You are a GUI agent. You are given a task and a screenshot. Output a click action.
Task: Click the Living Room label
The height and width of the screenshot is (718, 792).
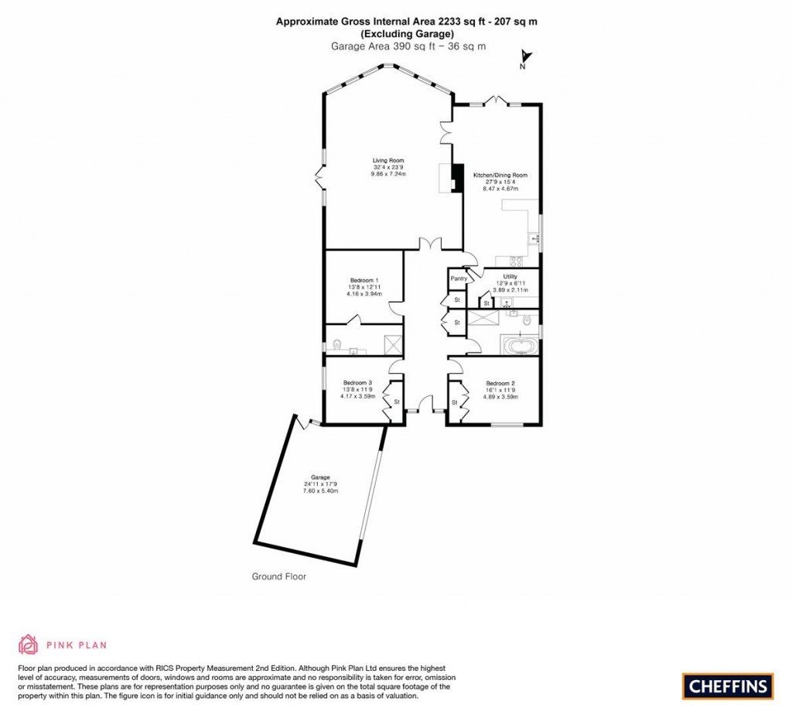(x=387, y=161)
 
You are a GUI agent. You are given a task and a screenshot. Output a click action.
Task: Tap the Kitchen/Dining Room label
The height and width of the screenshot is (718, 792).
(x=500, y=176)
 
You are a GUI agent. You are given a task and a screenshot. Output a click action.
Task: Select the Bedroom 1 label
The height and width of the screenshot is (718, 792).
(x=364, y=280)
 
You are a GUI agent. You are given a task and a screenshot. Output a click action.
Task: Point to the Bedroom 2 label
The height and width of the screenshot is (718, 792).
(x=500, y=383)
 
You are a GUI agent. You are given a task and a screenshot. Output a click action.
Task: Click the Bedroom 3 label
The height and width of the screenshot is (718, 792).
(x=357, y=383)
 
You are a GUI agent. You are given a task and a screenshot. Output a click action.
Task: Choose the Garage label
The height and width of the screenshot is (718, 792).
(x=320, y=477)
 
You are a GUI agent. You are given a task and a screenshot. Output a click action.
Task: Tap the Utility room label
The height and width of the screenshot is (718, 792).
(x=510, y=276)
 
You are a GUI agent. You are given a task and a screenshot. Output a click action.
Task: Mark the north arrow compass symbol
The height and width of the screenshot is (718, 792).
(x=524, y=58)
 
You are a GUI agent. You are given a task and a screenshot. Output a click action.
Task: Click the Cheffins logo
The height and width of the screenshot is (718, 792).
(x=727, y=686)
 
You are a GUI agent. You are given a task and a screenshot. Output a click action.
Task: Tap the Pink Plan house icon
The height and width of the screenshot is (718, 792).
(x=28, y=644)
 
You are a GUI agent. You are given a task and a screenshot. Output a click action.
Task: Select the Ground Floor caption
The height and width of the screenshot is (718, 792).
(x=279, y=576)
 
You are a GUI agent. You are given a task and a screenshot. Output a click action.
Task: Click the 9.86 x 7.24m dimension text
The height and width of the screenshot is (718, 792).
(x=387, y=174)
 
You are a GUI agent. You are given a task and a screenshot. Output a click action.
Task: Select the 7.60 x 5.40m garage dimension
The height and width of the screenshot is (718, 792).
(x=320, y=491)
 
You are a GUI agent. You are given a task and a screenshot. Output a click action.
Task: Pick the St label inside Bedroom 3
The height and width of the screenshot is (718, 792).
(x=397, y=402)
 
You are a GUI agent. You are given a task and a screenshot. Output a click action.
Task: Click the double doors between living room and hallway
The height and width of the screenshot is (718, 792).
(x=431, y=244)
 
